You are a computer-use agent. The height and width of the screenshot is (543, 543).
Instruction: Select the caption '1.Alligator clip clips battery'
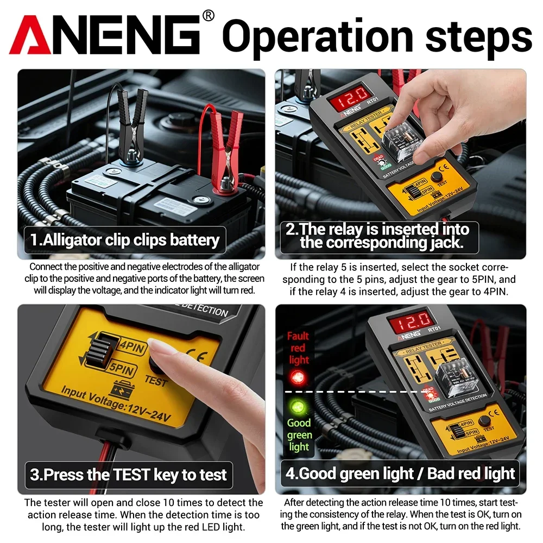[125, 239]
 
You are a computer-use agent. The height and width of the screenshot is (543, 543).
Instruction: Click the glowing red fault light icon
[297, 377]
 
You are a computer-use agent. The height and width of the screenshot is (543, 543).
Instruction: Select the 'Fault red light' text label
[298, 348]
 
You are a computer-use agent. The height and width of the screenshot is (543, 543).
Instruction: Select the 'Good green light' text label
[299, 434]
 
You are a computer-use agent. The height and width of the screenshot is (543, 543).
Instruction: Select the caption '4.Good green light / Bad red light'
[400, 473]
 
